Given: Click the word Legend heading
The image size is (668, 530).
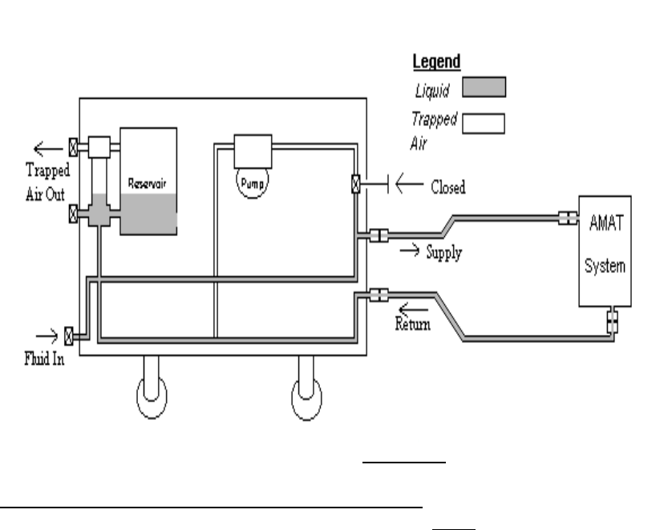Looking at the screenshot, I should [x=435, y=62].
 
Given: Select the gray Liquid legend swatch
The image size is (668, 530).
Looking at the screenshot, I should [x=484, y=85].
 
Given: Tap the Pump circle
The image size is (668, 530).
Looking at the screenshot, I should [x=252, y=181].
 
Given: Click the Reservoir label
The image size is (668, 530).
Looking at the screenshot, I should [x=148, y=183].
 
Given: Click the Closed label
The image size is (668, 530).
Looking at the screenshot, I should [x=447, y=187].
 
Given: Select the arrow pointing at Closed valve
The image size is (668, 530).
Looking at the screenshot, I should [x=410, y=186].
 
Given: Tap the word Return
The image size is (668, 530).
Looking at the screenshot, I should [x=414, y=324].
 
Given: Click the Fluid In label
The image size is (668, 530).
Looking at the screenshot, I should [x=43, y=359].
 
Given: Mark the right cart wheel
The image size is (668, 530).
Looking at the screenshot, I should [x=307, y=398].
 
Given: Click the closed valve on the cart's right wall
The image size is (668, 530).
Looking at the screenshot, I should [x=355, y=185].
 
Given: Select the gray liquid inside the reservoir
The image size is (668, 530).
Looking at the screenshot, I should [x=148, y=214].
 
